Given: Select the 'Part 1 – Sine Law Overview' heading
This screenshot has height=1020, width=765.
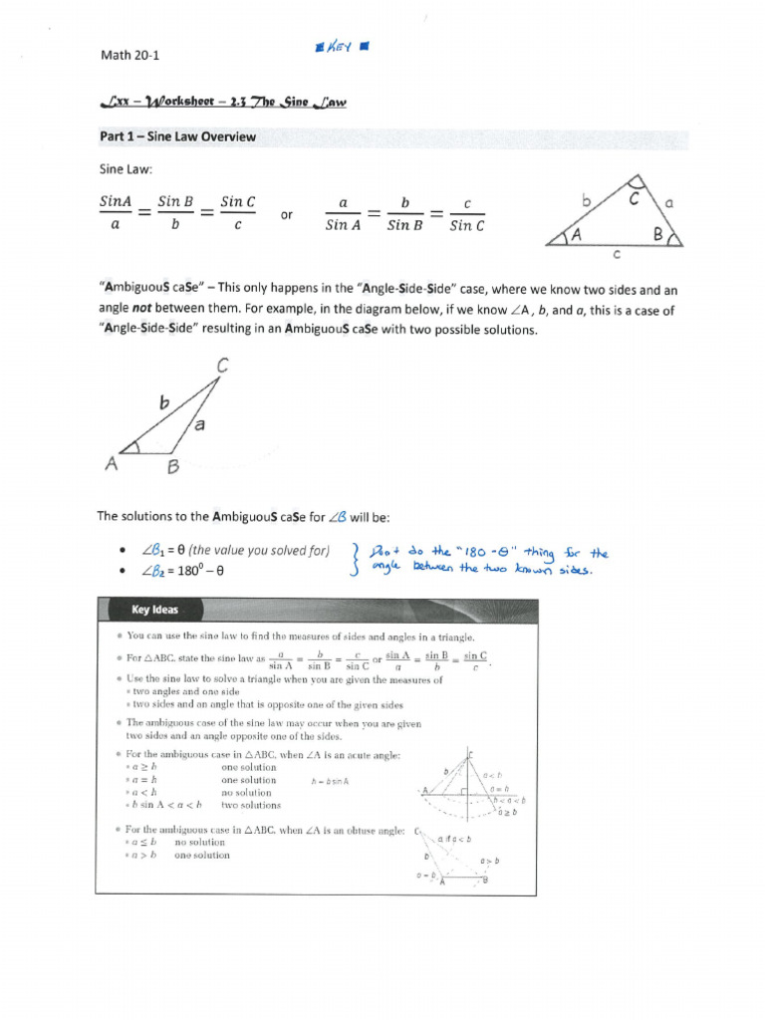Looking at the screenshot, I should tap(175, 136).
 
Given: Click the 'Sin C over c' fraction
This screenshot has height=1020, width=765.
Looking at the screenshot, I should tap(237, 213).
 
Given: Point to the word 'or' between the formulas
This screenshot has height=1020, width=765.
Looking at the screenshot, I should tap(287, 213).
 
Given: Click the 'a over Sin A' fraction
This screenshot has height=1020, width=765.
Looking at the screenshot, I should tap(344, 213).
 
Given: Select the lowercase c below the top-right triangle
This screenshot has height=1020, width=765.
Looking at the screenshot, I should tap(616, 255).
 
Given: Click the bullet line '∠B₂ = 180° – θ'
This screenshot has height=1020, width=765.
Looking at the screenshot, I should tap(184, 572).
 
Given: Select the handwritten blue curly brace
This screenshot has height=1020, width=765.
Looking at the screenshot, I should tap(356, 561).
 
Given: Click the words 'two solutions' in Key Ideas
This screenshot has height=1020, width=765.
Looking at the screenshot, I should tap(250, 805).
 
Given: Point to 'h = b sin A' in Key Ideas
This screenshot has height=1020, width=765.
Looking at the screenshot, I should tap(337, 781).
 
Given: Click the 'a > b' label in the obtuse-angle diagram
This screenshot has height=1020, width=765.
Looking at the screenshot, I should tap(489, 861).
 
